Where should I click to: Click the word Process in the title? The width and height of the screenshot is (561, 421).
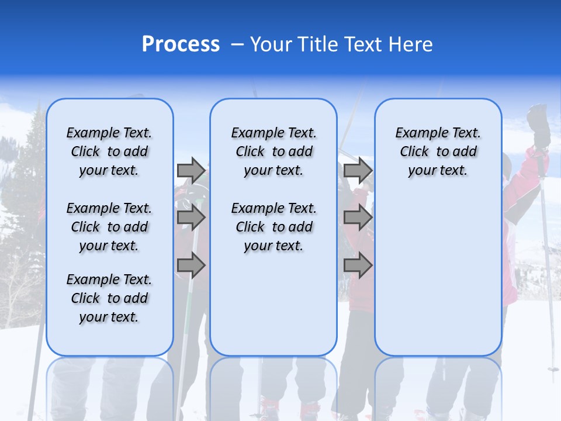(x=181, y=44)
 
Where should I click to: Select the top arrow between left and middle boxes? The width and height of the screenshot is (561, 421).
(x=191, y=170)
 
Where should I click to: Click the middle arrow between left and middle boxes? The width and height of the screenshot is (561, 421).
(x=191, y=218)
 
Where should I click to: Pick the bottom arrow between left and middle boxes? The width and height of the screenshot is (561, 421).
(x=191, y=265)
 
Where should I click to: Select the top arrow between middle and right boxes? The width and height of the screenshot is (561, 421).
(x=358, y=170)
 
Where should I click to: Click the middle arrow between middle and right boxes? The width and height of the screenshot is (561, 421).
(x=358, y=218)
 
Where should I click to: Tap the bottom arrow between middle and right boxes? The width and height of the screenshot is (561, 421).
(x=358, y=265)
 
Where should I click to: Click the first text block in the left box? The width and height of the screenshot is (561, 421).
(x=109, y=151)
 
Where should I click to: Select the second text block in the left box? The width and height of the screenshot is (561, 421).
(x=109, y=227)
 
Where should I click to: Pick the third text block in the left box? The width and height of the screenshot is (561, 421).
(x=109, y=298)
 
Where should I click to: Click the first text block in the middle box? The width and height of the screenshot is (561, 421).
(x=273, y=151)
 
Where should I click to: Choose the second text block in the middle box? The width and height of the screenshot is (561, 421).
(x=273, y=227)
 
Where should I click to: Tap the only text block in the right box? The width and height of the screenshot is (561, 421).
(x=438, y=151)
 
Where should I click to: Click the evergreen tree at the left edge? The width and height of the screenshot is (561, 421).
(x=23, y=175)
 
